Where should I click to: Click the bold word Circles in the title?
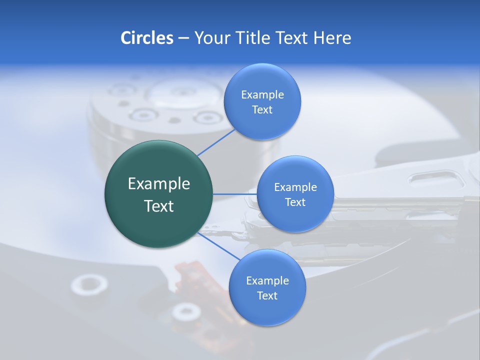146,38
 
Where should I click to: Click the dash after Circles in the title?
183,38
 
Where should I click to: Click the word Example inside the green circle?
159,184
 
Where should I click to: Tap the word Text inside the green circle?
159,206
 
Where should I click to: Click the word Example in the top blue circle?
262,95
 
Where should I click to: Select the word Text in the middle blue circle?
295,202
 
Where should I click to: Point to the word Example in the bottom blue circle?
267,281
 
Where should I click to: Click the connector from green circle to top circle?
216,142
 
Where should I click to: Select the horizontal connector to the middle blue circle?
234,194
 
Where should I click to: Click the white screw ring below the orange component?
186,312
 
